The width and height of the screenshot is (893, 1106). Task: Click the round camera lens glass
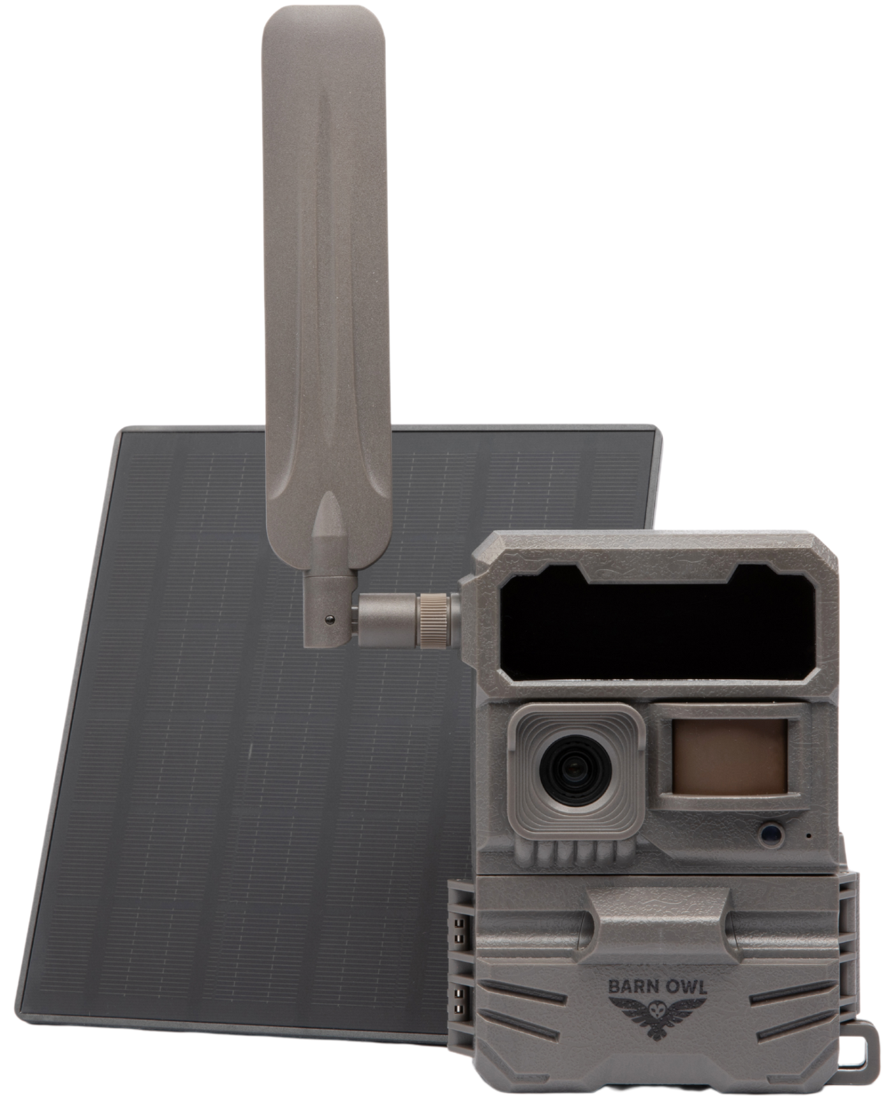[576, 773]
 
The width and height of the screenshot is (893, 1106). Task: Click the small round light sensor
[770, 833]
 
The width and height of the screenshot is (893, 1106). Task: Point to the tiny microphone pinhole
[809, 835]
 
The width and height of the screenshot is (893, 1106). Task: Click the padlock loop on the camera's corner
[860, 1047]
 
